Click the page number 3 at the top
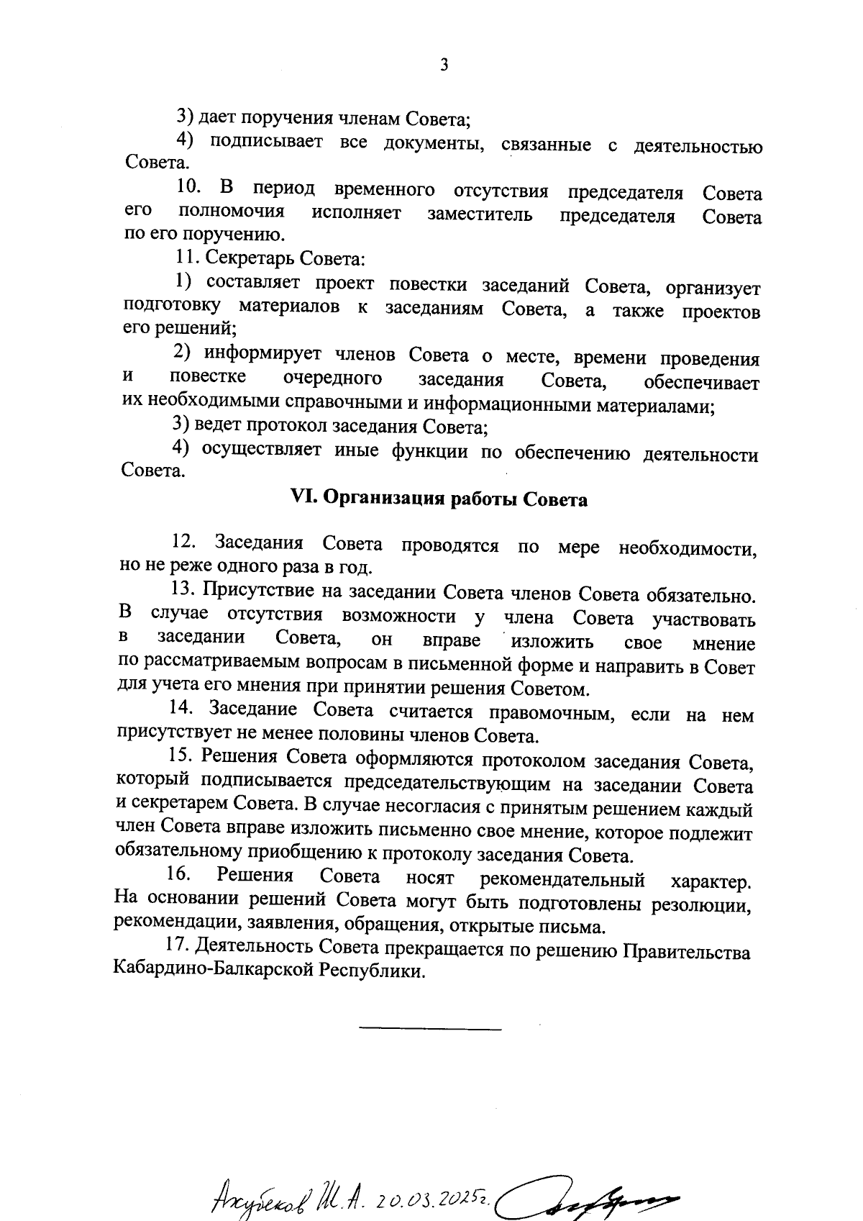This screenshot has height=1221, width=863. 444,65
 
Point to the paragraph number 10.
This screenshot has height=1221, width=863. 188,189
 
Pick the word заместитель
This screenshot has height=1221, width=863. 480,215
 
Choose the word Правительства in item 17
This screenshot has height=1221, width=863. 686,952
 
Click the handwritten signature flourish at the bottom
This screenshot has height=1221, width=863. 590,1194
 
